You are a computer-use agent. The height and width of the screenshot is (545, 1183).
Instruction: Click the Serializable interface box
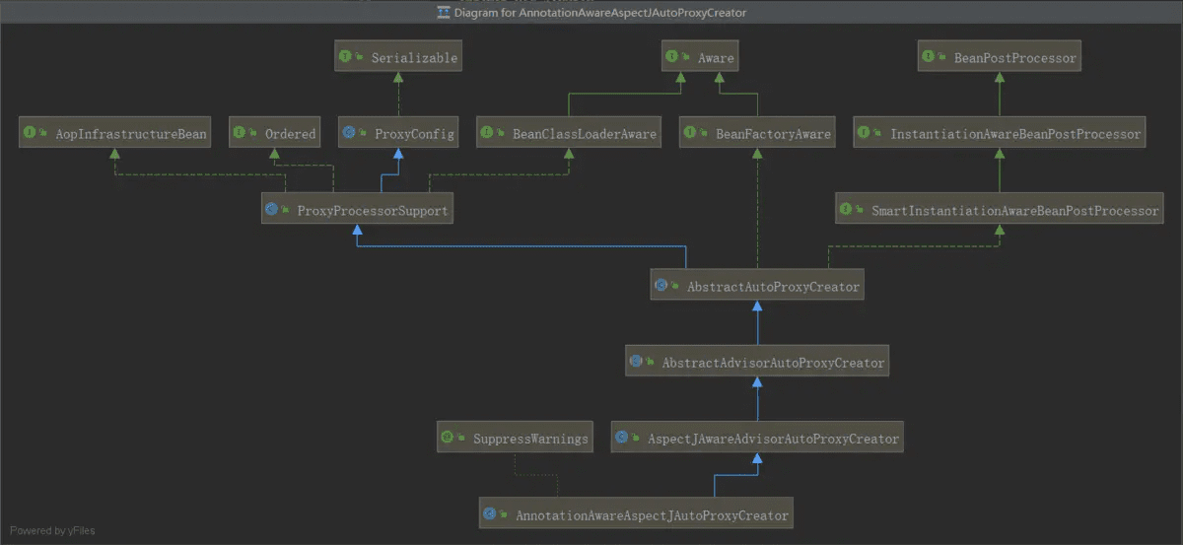coord(398,56)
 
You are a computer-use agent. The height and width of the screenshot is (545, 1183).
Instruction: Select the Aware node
coord(700,56)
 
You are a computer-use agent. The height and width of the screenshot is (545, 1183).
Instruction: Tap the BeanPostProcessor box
coord(1000,56)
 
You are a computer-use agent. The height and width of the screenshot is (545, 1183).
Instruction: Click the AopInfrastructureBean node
coord(114,132)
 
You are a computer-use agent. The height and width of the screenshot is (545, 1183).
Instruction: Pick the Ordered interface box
coord(275,132)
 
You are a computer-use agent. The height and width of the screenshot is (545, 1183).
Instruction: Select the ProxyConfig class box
coord(398,132)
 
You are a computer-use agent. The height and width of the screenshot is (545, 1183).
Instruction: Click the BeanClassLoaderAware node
coord(569,132)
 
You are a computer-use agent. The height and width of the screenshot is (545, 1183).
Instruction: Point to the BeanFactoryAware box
coord(757,132)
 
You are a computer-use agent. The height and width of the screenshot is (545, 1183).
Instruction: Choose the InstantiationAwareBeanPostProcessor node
coord(1000,132)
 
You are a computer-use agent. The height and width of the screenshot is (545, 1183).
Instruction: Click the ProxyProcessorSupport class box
coord(357,208)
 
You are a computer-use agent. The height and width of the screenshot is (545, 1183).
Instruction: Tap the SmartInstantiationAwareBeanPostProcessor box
coord(1000,208)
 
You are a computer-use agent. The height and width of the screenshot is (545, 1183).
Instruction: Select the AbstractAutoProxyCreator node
coord(757,284)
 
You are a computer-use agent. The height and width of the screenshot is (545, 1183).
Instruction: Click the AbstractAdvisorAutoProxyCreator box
coord(757,361)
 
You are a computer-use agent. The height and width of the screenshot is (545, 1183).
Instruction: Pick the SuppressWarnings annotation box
coord(515,437)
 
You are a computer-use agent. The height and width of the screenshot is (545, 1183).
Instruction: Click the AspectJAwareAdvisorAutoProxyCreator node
coord(757,437)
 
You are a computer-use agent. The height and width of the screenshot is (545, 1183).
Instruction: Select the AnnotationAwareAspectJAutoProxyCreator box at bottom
coord(636,512)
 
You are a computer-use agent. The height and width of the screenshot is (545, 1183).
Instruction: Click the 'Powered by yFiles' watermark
coord(52,530)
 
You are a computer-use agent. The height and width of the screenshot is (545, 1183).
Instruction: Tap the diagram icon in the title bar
coord(444,12)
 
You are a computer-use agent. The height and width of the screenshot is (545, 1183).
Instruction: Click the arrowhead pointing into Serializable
coord(398,78)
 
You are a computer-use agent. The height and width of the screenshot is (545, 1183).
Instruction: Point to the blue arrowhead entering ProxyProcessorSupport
coord(358,230)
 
